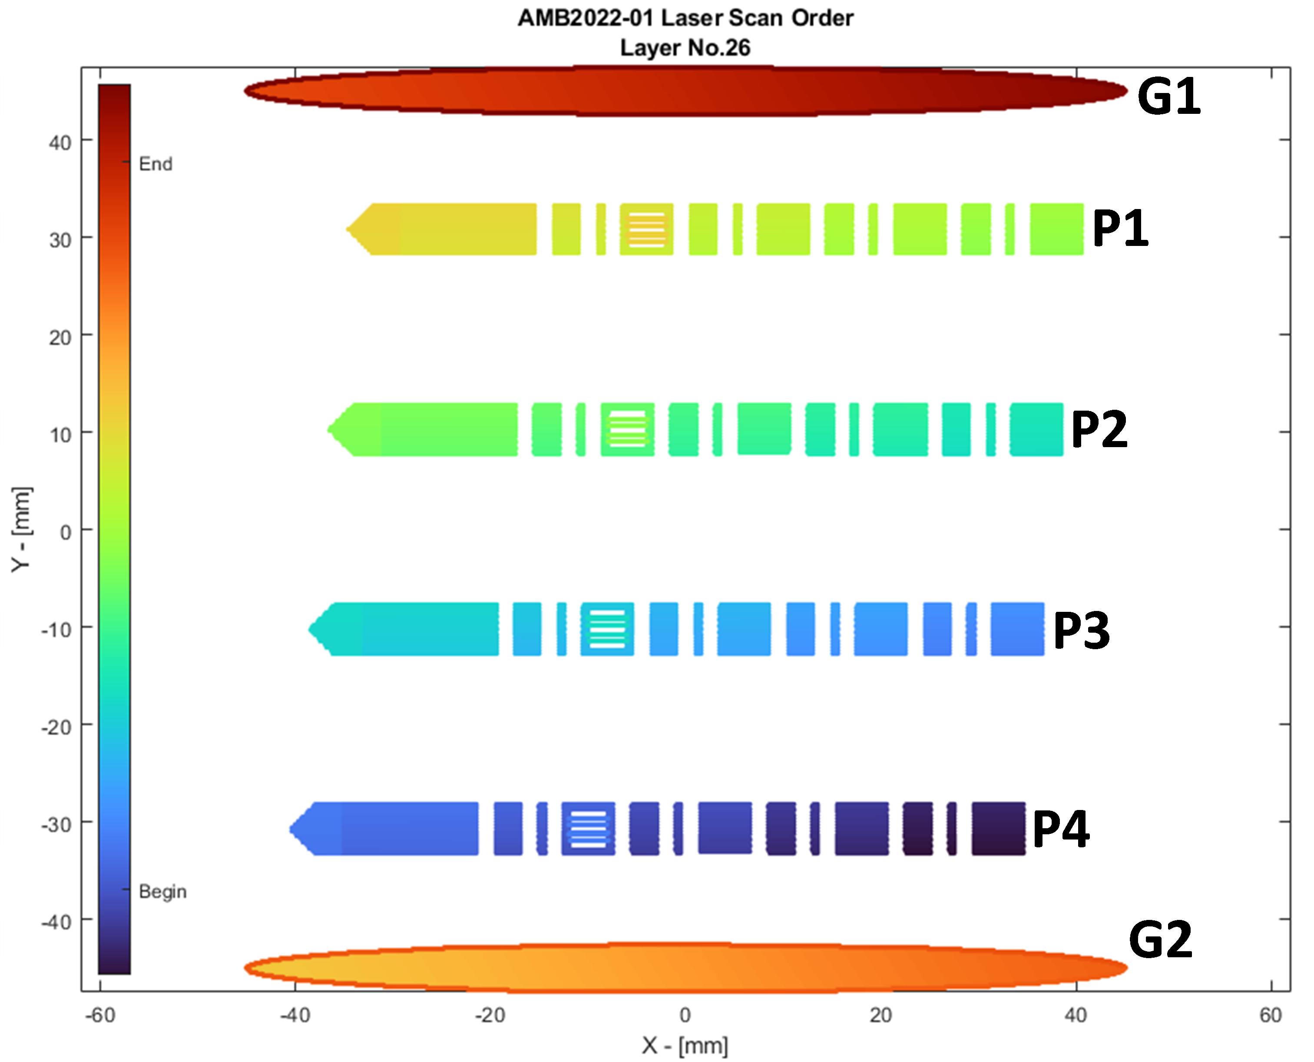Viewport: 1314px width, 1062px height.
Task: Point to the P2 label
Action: point(1099,429)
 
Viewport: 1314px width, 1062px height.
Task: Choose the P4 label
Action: point(1061,829)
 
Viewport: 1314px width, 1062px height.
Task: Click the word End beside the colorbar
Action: point(156,164)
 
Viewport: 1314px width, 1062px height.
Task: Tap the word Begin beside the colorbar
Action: point(162,891)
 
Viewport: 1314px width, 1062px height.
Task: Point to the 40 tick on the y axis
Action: point(60,143)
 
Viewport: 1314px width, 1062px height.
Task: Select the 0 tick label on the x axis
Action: point(685,1016)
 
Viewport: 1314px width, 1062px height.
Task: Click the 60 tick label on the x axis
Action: point(1271,1016)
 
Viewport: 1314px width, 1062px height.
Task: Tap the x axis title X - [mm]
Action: point(685,1045)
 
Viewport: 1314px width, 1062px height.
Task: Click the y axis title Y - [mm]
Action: point(21,530)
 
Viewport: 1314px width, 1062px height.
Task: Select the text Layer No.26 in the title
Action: point(685,48)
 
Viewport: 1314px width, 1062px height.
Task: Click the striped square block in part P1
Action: point(646,229)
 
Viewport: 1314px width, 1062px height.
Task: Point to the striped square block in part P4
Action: point(588,829)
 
